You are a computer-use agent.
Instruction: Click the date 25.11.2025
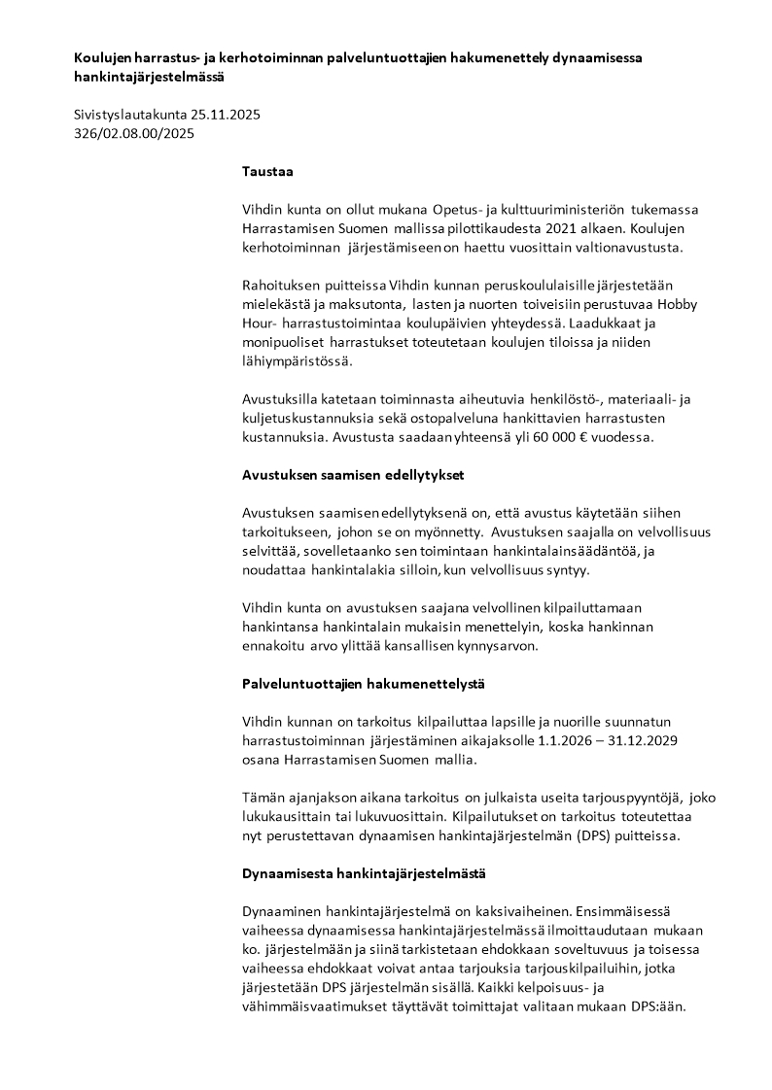click(x=227, y=115)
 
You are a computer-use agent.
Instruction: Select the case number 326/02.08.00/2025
click(x=133, y=134)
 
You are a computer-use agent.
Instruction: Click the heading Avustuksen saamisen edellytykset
click(x=354, y=475)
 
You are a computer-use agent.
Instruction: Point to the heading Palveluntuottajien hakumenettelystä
click(x=363, y=684)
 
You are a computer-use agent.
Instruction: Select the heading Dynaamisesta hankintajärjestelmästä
click(x=364, y=873)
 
